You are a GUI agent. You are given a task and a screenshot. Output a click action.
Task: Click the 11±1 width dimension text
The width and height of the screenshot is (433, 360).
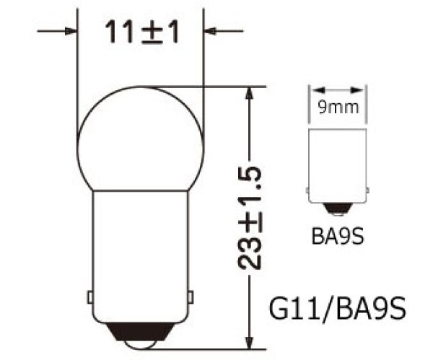tap(141, 32)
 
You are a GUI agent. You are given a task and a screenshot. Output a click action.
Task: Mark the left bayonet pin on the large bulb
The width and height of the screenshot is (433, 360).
tap(89, 297)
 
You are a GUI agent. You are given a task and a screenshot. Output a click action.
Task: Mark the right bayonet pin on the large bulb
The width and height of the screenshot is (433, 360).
tap(191, 297)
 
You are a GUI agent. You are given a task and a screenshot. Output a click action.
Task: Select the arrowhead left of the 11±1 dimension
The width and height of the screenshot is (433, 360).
tap(71, 31)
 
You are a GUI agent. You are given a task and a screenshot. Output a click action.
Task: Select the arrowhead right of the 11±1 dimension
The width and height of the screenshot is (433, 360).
tap(211, 31)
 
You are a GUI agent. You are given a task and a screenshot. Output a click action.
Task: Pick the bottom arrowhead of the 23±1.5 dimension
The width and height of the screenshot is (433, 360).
tap(249, 342)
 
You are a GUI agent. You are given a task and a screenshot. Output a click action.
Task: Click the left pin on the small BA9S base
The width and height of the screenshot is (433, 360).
tap(308, 189)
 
